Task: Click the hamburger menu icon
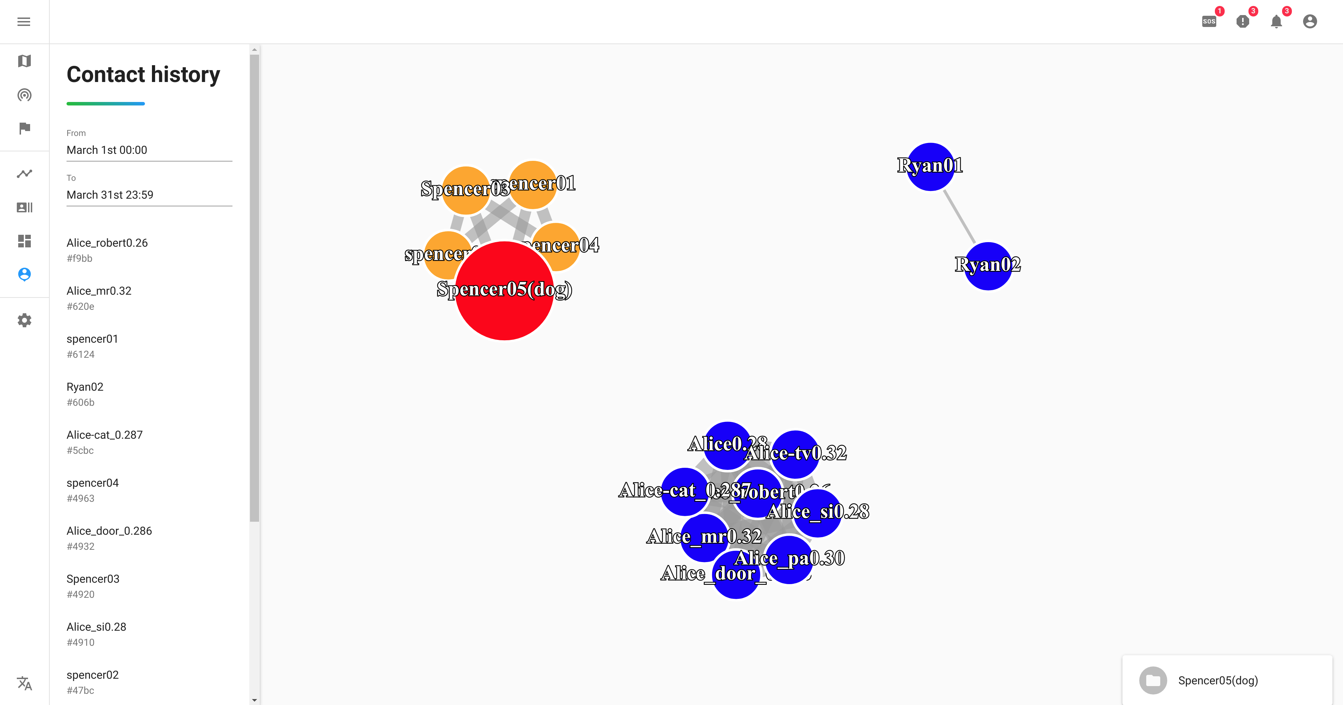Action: point(23,21)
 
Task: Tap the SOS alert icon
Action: point(1209,21)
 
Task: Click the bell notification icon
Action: point(1276,21)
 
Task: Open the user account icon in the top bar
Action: point(1310,21)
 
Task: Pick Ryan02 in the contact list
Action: point(85,387)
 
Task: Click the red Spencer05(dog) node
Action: point(504,313)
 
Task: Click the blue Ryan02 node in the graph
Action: point(988,266)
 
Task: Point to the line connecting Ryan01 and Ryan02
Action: point(959,217)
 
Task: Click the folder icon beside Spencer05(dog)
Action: point(1153,680)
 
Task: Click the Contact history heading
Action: point(144,75)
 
